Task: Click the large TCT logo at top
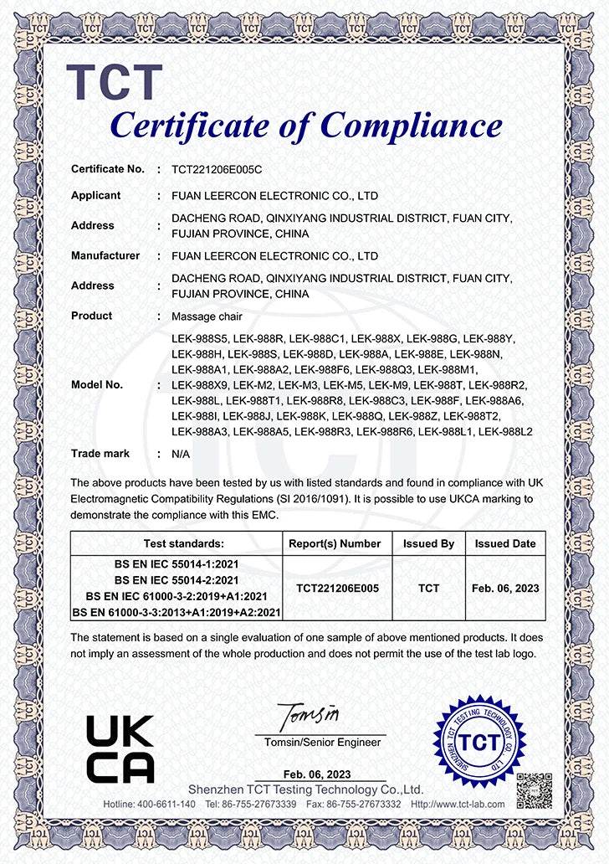click(x=114, y=82)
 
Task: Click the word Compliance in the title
click(x=412, y=126)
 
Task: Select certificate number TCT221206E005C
click(x=217, y=169)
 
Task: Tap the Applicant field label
click(x=95, y=195)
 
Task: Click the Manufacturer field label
click(x=105, y=255)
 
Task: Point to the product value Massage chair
click(x=206, y=316)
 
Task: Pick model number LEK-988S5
click(x=199, y=339)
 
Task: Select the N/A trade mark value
click(x=181, y=454)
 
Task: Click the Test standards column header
click(x=177, y=543)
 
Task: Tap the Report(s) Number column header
click(x=335, y=543)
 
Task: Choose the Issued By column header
click(x=428, y=543)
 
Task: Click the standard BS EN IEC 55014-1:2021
click(x=177, y=564)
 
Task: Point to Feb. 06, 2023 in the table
click(x=505, y=589)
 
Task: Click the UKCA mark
click(x=120, y=748)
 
